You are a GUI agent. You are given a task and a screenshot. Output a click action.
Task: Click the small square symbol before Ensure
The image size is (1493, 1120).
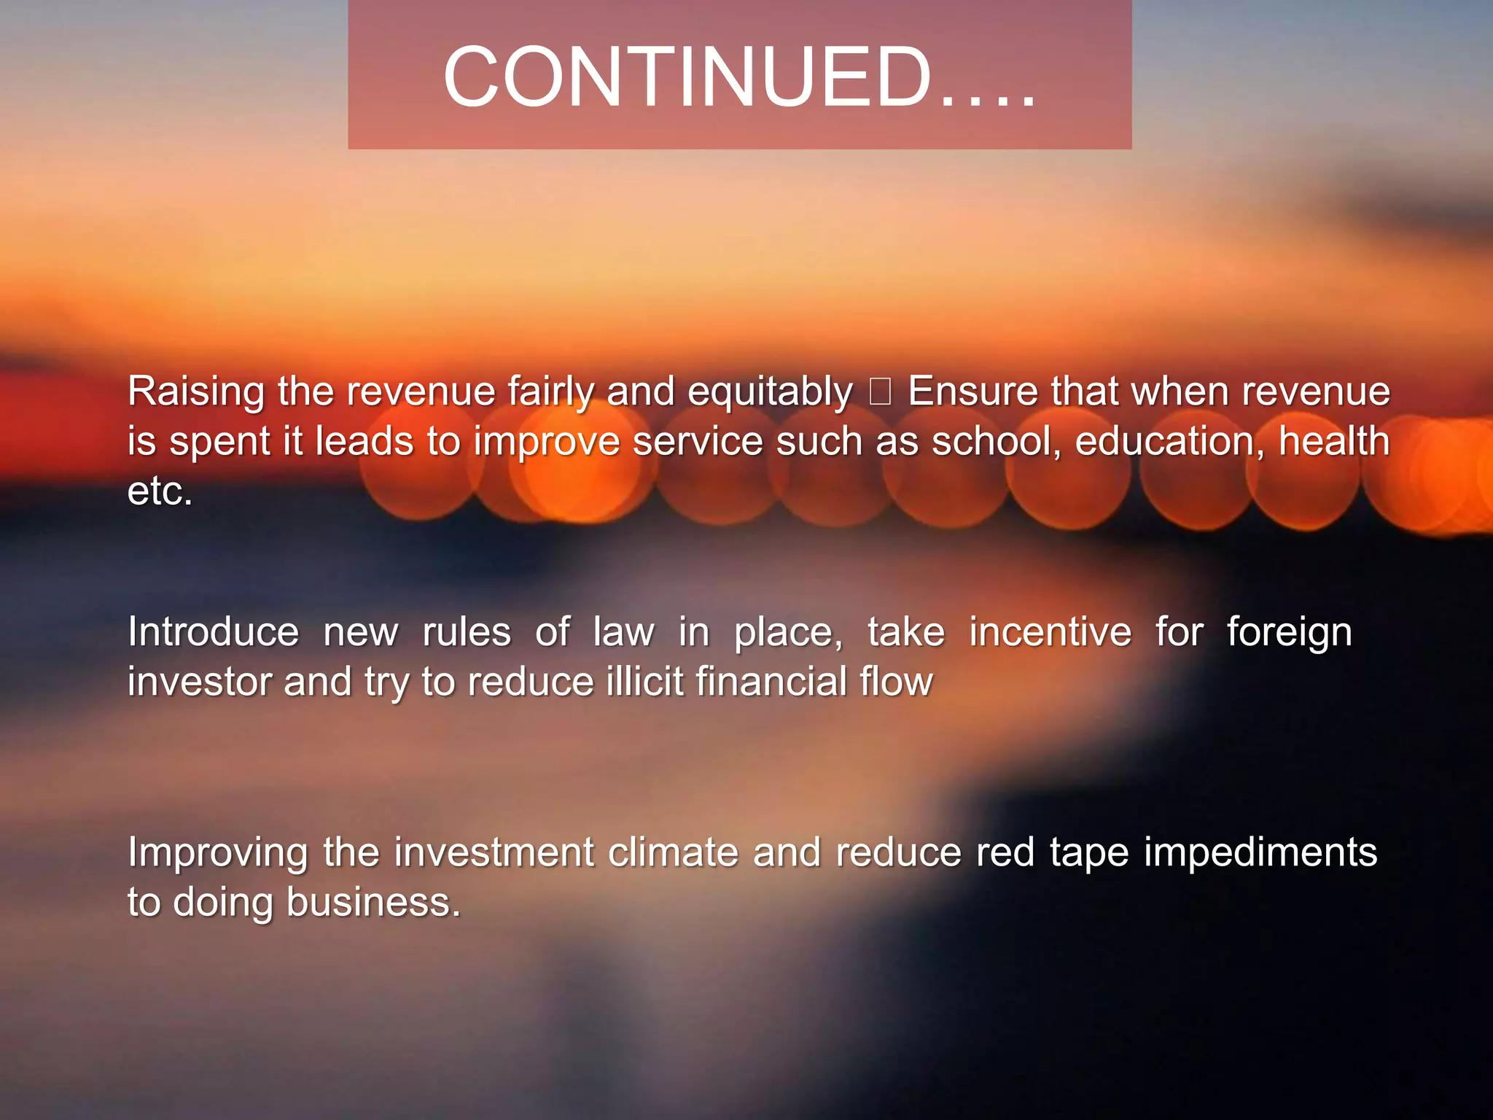(x=880, y=392)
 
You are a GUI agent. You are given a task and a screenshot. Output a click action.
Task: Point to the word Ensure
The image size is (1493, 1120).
(x=972, y=392)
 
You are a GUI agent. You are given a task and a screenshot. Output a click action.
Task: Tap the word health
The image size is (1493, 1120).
(x=1334, y=442)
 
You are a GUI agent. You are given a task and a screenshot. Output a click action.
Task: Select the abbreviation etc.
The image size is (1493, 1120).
(x=160, y=491)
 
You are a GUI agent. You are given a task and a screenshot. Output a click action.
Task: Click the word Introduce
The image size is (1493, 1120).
(x=213, y=632)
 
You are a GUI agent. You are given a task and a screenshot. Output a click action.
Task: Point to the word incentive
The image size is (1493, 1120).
(x=1050, y=632)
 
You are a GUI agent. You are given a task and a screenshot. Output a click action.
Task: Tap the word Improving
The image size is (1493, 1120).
(x=218, y=853)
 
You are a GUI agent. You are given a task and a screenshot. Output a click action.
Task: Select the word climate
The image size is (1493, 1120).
(x=673, y=852)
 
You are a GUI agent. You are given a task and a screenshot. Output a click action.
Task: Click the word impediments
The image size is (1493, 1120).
(x=1260, y=853)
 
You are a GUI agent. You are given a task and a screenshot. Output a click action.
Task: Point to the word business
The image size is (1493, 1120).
(x=373, y=903)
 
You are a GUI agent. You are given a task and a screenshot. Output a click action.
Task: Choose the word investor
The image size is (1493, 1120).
(x=199, y=682)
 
